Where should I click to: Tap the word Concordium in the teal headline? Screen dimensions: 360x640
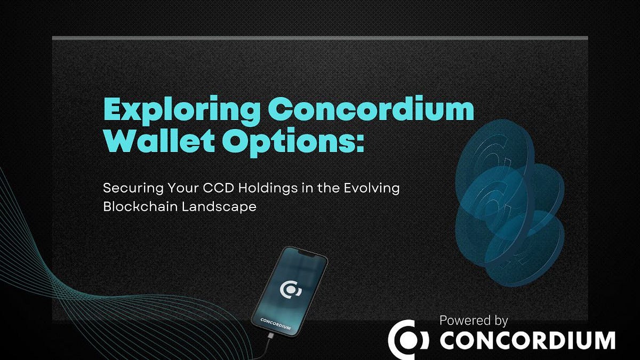click(366, 109)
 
